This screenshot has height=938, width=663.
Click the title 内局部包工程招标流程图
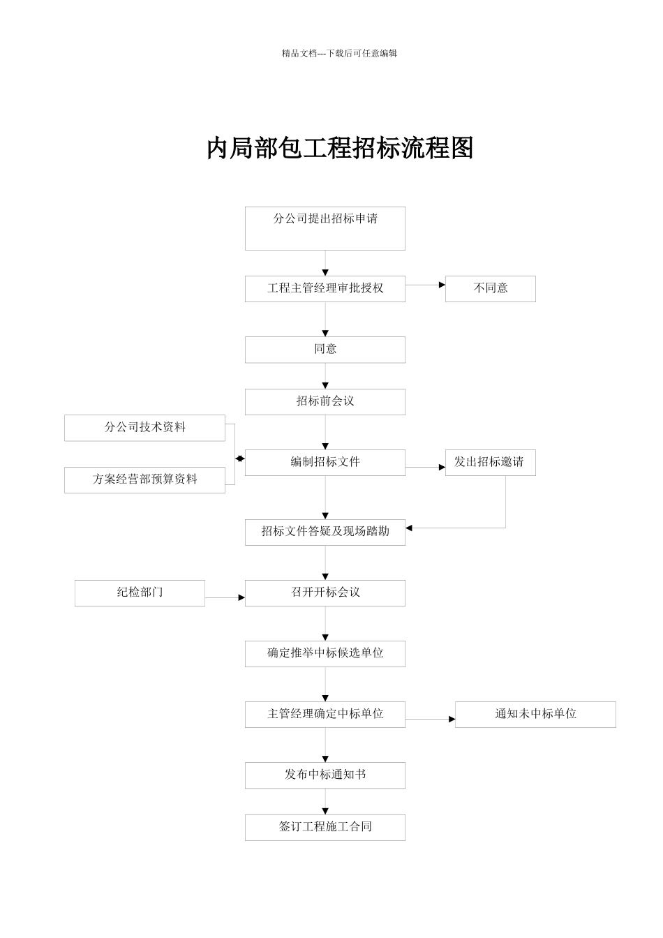[340, 148]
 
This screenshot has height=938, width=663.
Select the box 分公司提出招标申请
[325, 228]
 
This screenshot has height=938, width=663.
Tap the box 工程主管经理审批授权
[325, 289]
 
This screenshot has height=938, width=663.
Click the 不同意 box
[490, 289]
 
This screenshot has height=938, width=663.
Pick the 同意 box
[325, 350]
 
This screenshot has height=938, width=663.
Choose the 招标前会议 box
[325, 402]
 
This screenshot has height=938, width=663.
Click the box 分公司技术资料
[144, 428]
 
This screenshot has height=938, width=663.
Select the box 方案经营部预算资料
[144, 480]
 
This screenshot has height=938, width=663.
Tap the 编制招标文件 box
[325, 463]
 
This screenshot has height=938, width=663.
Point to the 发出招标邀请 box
[490, 463]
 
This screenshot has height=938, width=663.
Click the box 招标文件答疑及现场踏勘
[325, 532]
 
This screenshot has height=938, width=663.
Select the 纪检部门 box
[140, 593]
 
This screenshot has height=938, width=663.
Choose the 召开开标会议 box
[325, 593]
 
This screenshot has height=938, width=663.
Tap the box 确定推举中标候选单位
[325, 654]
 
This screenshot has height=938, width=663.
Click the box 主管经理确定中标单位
[325, 715]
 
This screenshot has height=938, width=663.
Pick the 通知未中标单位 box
[535, 715]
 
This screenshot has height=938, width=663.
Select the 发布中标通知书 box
[325, 775]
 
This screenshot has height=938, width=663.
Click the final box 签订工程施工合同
[325, 828]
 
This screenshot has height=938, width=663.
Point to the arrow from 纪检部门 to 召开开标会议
[225, 597]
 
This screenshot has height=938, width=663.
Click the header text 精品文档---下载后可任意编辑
[339, 53]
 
